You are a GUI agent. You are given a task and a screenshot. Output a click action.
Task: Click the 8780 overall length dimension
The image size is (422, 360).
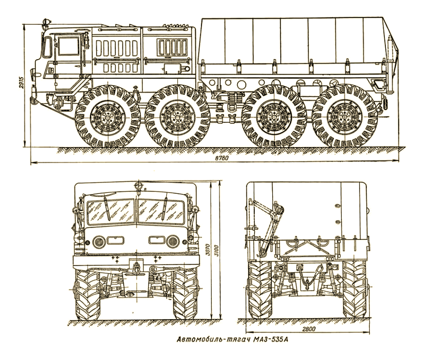[215, 158]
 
